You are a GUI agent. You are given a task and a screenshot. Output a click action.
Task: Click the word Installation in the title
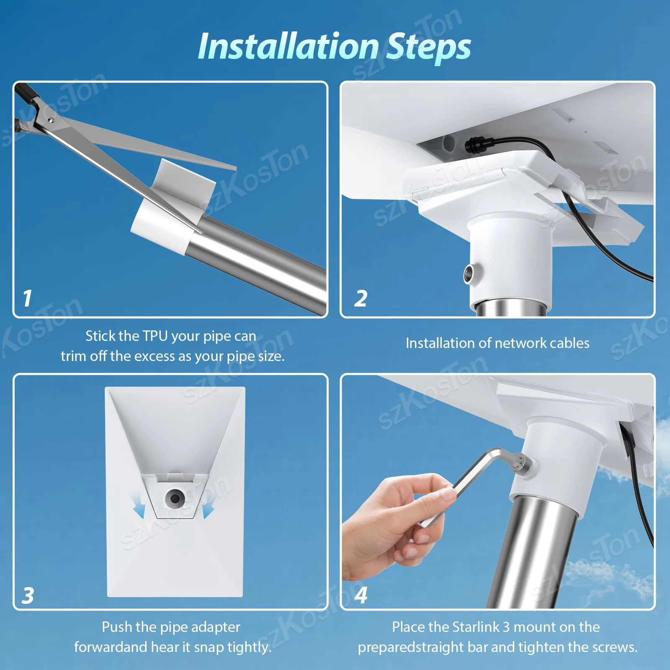(288, 47)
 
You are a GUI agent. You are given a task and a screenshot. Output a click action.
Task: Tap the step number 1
(27, 298)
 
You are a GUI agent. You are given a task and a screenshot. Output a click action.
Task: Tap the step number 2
(361, 299)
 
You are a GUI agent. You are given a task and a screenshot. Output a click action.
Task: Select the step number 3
(28, 595)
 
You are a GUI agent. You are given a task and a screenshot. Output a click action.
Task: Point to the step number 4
(361, 595)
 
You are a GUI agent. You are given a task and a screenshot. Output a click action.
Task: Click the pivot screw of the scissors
(51, 120)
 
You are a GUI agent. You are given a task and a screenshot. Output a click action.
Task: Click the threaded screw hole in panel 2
(469, 274)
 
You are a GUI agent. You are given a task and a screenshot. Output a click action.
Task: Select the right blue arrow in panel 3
(208, 508)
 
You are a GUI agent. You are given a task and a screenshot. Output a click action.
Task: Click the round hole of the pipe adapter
(175, 498)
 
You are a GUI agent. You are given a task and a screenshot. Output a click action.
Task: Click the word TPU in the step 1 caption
(155, 336)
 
